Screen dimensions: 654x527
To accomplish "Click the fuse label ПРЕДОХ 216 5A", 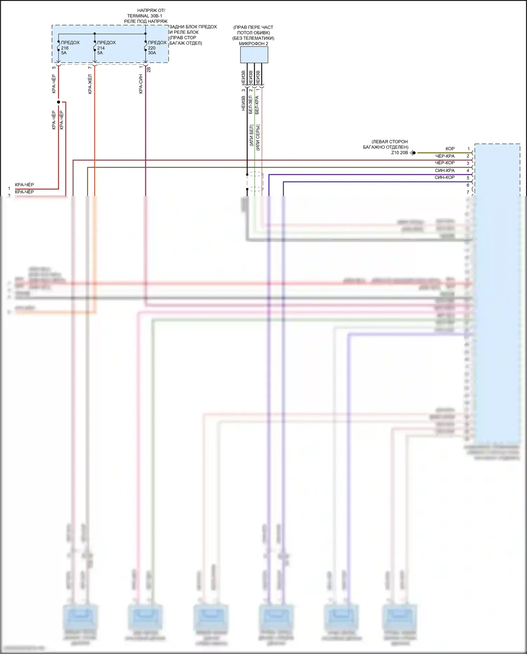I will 70,47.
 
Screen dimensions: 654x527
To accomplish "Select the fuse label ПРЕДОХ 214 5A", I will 106,47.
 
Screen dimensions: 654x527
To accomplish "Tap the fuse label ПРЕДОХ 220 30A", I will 157,47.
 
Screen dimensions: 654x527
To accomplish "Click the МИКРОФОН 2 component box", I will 254,55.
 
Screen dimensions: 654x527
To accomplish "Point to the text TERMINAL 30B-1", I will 144,16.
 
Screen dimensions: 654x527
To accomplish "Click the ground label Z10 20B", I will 399,153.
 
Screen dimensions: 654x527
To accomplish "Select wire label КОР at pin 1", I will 450,149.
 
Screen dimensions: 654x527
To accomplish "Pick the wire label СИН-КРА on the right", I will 444,170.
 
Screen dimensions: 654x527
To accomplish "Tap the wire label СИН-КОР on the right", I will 444,177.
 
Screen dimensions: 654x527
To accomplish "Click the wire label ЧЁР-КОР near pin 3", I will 445,163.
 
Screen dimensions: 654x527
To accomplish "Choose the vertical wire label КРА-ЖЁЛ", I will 90,84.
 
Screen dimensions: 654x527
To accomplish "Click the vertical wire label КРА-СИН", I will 141,84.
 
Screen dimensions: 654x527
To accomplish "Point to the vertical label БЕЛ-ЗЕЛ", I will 250,105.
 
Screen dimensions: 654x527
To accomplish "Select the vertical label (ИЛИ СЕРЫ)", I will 258,137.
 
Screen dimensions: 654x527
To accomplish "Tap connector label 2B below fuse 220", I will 149,70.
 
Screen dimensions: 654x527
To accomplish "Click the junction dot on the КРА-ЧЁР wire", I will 58,102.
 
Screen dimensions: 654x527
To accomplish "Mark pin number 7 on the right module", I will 468,192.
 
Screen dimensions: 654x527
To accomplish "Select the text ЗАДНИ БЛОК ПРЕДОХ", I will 193,27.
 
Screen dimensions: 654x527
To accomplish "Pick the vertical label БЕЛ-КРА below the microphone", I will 257,105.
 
